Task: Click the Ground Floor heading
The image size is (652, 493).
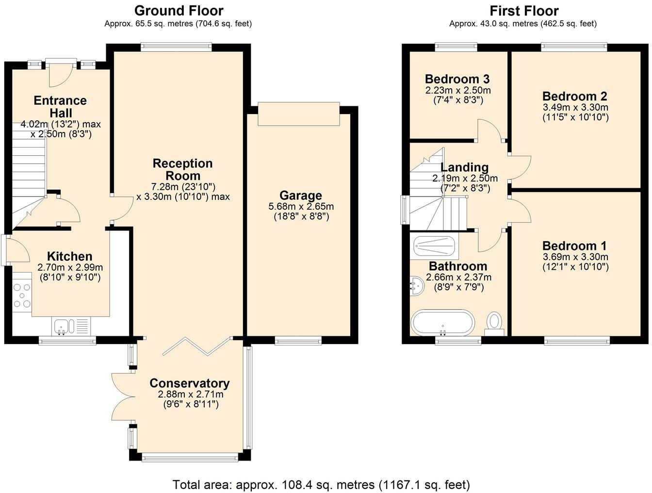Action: pyautogui.click(x=179, y=10)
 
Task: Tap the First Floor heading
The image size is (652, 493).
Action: pyautogui.click(x=524, y=10)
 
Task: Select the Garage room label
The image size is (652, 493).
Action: pyautogui.click(x=301, y=196)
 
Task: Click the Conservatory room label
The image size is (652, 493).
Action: pyautogui.click(x=189, y=383)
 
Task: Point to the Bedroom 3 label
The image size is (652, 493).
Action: pyautogui.click(x=457, y=79)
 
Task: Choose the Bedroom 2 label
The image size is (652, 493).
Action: pyautogui.click(x=575, y=96)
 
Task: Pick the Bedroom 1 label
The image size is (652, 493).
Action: pyautogui.click(x=575, y=246)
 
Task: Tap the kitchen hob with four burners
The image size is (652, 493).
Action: pyautogui.click(x=21, y=295)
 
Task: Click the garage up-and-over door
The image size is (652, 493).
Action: pyautogui.click(x=298, y=114)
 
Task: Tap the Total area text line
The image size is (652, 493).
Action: pyautogui.click(x=321, y=484)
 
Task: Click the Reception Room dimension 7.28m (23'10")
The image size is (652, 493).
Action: pyautogui.click(x=183, y=187)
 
